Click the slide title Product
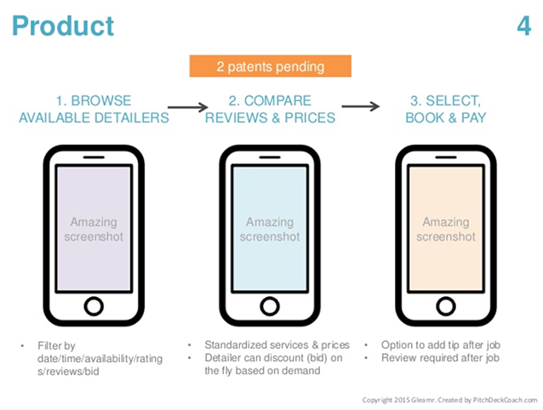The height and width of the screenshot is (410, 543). [x=63, y=26]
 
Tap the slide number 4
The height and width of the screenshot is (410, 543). [x=524, y=26]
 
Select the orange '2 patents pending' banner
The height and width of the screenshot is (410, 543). [x=270, y=66]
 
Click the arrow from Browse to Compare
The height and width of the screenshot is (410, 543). [x=188, y=107]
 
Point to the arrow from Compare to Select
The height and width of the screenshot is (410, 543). [x=361, y=106]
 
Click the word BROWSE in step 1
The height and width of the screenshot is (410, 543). [x=101, y=101]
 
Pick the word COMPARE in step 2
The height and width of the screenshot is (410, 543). [x=277, y=101]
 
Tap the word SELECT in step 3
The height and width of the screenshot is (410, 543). [x=454, y=101]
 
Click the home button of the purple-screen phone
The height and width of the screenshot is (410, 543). [x=94, y=306]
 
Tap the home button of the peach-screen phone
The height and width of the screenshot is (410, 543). [x=446, y=306]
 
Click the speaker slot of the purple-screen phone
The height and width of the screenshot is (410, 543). [x=94, y=157]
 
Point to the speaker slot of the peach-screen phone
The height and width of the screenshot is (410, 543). [x=446, y=157]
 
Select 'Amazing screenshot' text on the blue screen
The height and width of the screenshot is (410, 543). [x=270, y=229]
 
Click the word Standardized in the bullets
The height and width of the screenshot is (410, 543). [x=236, y=345]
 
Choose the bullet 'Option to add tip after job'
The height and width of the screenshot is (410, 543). [x=441, y=345]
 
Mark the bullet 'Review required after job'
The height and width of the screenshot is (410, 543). [x=440, y=358]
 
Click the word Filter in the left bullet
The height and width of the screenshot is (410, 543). [x=50, y=345]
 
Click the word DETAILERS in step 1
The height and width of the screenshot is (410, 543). [x=132, y=118]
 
